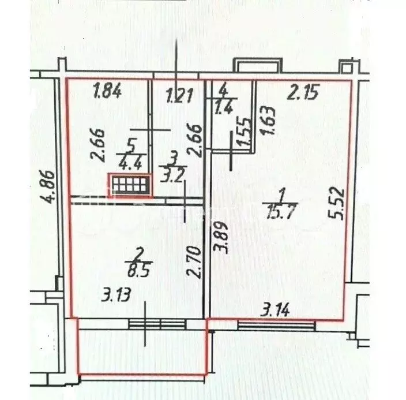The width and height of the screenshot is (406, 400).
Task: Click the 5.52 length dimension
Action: tap(337, 201)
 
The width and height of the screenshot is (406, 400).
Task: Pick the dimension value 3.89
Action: tap(220, 239)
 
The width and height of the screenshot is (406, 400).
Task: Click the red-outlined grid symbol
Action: tap(130, 186)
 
